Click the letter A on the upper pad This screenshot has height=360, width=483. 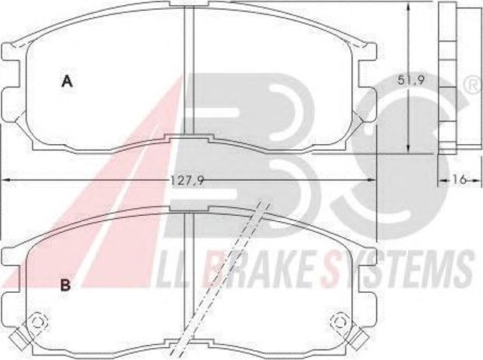pyautogui.click(x=67, y=82)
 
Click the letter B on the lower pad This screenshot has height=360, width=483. pyautogui.click(x=66, y=285)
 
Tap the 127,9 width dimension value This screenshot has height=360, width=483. pyautogui.click(x=188, y=180)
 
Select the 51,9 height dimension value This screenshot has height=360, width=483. pyautogui.click(x=411, y=80)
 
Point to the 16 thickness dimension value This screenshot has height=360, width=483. pyautogui.click(x=460, y=179)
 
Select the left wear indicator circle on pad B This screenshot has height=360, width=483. pyautogui.click(x=38, y=322)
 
